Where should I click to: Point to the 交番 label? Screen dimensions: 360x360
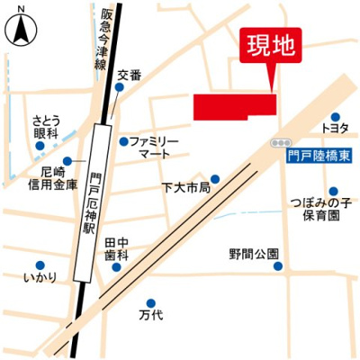pyautogui.click(x=129, y=76)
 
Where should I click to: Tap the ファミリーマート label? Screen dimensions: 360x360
pyautogui.click(x=154, y=148)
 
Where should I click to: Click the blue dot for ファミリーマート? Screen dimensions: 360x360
pyautogui.click(x=123, y=140)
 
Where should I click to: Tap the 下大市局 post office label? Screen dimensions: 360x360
pyautogui.click(x=185, y=188)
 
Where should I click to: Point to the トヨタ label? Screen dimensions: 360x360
pyautogui.click(x=339, y=129)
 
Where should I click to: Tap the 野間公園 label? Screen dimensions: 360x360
pyautogui.click(x=253, y=254)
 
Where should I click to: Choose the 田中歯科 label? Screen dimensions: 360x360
pyautogui.click(x=112, y=249)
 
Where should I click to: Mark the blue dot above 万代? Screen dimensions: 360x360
pyautogui.click(x=150, y=302)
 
